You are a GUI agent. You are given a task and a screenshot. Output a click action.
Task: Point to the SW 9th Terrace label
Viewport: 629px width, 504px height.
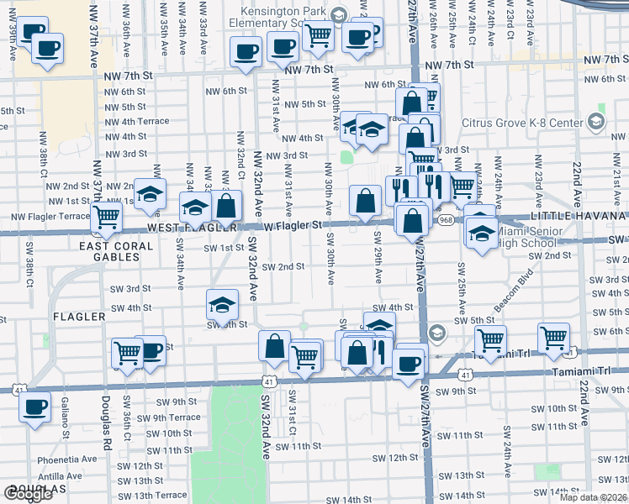pos(167,417)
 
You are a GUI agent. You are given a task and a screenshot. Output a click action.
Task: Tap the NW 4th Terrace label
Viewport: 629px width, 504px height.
pos(138,121)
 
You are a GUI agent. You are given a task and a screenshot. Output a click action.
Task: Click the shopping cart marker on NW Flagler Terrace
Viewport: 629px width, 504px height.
pos(107,216)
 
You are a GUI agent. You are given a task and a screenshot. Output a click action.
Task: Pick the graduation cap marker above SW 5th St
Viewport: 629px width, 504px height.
pos(222,303)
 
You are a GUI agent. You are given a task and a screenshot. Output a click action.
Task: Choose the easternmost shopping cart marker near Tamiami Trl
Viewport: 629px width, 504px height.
pos(554,338)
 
